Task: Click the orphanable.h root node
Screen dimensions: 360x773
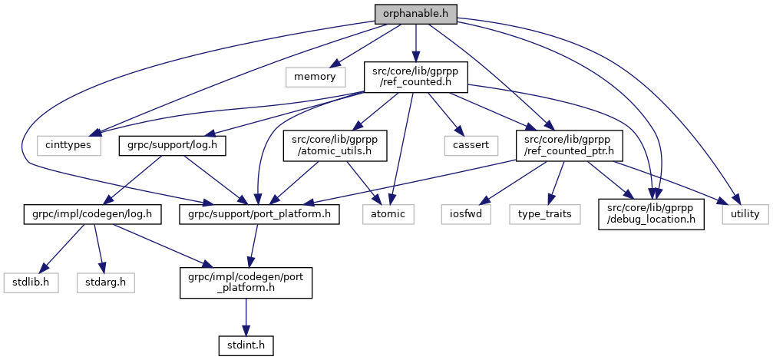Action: click(415, 13)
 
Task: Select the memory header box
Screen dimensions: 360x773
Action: click(315, 76)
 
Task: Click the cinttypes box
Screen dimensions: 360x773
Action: click(69, 144)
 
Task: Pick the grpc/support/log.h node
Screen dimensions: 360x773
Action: click(171, 144)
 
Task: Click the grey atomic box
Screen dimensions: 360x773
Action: click(388, 214)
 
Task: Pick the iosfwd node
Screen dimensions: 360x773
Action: click(466, 214)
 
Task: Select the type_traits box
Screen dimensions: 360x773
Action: click(543, 214)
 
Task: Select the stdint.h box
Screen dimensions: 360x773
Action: click(246, 345)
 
